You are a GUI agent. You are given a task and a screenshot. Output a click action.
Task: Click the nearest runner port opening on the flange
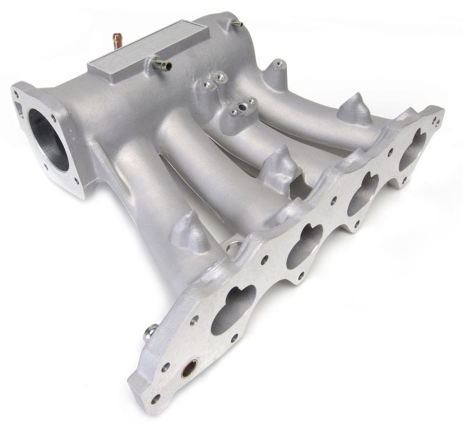233,309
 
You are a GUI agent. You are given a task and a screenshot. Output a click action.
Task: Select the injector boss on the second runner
281,163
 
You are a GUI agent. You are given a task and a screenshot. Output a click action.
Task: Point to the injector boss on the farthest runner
354,108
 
